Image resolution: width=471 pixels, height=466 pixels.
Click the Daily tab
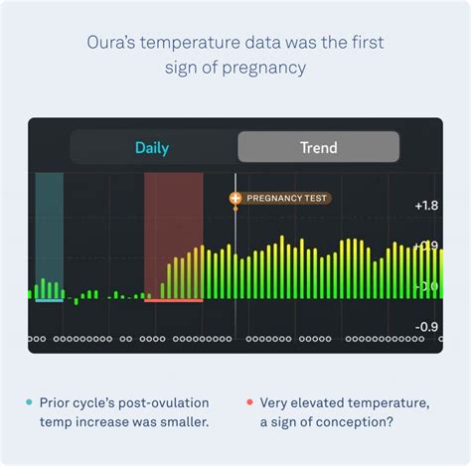pyautogui.click(x=152, y=148)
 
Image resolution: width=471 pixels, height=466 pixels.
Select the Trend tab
pyautogui.click(x=318, y=148)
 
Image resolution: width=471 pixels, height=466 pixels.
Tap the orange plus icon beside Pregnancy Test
pyautogui.click(x=235, y=199)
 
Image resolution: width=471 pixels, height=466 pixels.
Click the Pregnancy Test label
pyautogui.click(x=286, y=199)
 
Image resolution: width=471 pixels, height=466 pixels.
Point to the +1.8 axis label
pyautogui.click(x=425, y=206)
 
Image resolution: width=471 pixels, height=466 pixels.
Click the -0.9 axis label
pyautogui.click(x=425, y=327)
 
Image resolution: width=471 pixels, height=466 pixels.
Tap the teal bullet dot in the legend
pyautogui.click(x=29, y=402)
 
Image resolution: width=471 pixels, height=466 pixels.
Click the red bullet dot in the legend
pyautogui.click(x=248, y=402)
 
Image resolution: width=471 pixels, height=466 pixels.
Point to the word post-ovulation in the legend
pyautogui.click(x=169, y=402)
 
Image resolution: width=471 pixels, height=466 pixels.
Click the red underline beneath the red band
pyautogui.click(x=173, y=300)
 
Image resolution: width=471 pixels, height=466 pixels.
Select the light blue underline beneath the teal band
pyautogui.click(x=49, y=300)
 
